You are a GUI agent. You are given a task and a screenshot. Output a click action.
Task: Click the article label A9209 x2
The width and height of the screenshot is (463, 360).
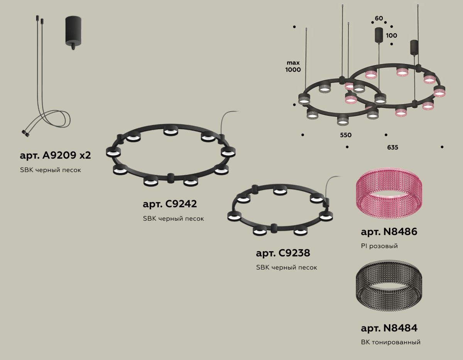(x=55, y=155)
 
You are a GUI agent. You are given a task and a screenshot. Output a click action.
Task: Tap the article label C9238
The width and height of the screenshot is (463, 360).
(x=283, y=253)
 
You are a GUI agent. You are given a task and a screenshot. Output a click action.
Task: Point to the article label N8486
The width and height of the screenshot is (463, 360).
(x=389, y=232)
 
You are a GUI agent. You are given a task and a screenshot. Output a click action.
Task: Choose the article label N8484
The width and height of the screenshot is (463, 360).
(x=389, y=328)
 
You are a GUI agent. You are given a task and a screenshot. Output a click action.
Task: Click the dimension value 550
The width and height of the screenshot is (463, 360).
(x=346, y=135)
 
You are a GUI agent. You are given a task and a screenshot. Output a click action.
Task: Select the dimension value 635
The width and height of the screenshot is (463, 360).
(x=393, y=147)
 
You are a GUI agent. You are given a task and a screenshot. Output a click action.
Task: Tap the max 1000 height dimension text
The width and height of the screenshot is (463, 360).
(x=293, y=66)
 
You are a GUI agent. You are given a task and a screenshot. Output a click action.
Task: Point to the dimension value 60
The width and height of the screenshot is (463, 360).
(x=379, y=19)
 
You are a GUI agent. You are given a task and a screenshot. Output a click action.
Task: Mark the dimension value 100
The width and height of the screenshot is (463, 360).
(x=391, y=35)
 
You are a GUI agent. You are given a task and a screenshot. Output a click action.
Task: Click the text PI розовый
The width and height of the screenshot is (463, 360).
(x=379, y=246)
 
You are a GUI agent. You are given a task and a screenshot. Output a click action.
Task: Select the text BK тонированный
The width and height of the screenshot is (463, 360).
(x=390, y=342)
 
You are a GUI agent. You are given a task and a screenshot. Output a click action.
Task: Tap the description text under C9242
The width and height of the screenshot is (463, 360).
(x=173, y=218)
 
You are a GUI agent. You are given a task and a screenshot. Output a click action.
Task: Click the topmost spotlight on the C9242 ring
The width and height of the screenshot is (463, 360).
(x=170, y=130)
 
